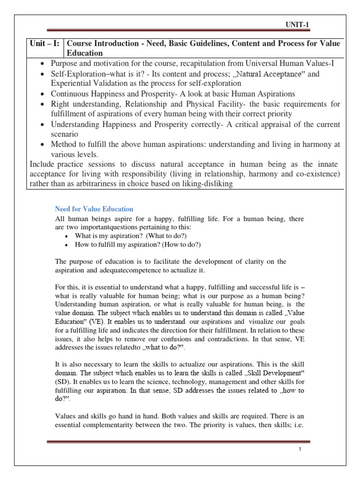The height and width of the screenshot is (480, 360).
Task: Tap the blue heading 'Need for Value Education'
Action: [x=94, y=209]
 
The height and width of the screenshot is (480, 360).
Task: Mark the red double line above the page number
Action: [x=179, y=442]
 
